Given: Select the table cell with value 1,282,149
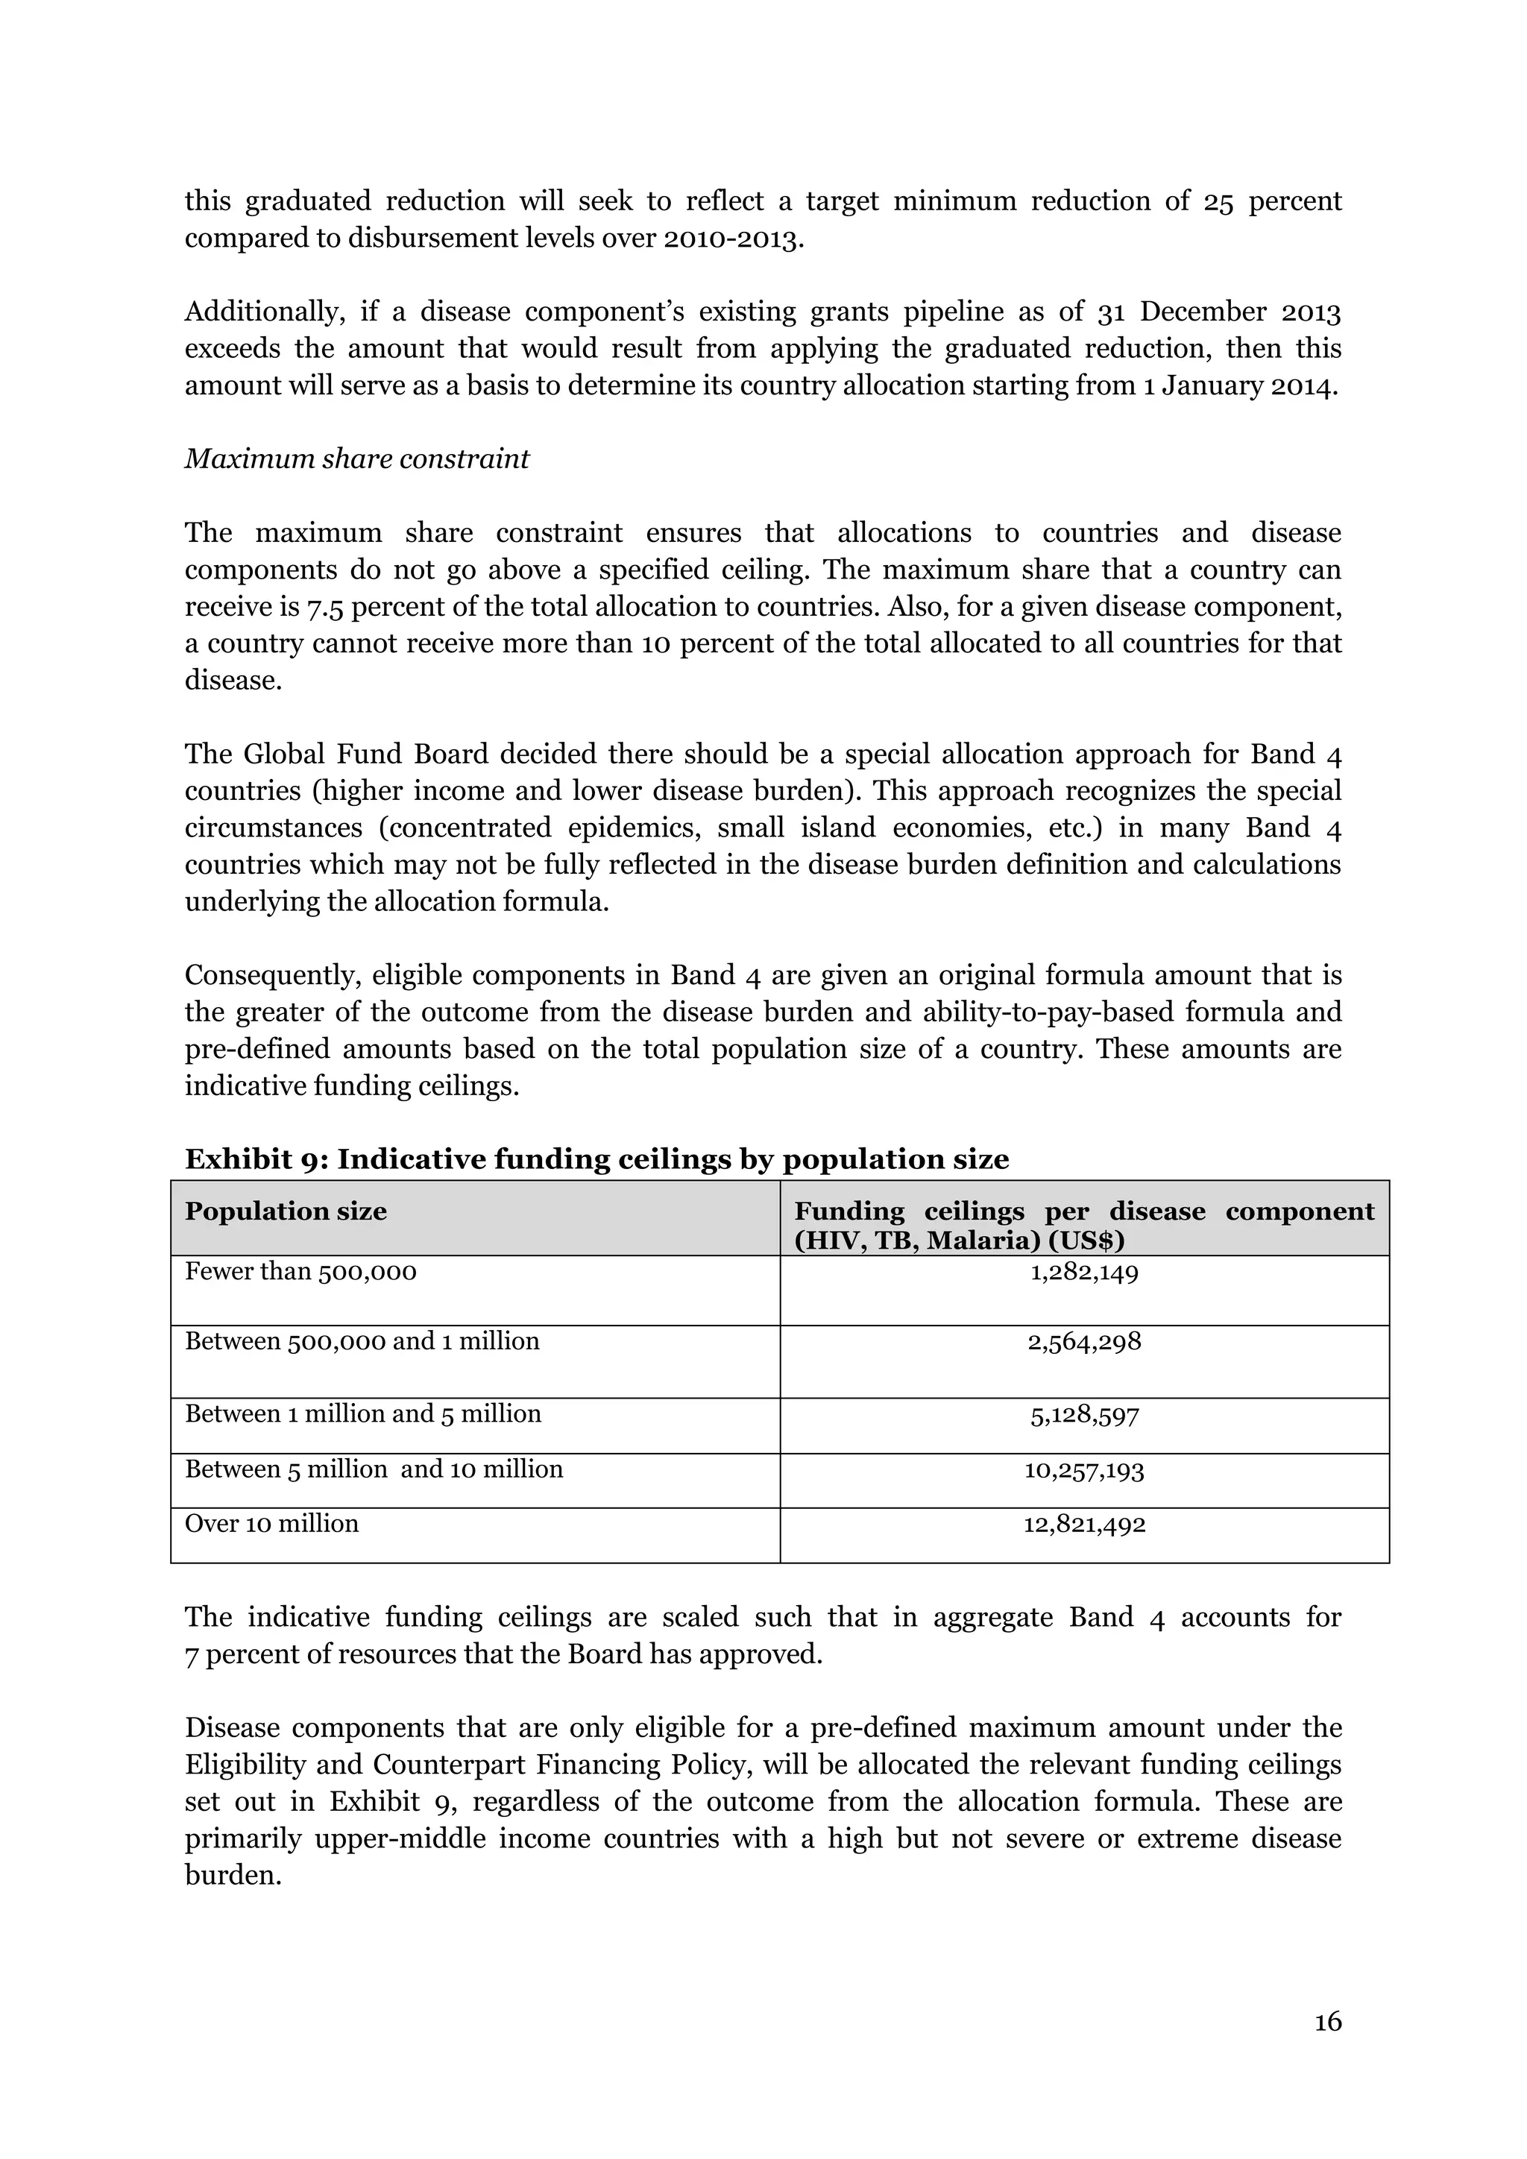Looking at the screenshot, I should point(1084,1273).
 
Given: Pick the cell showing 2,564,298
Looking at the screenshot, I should point(1084,1342).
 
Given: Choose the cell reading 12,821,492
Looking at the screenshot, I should point(1084,1525).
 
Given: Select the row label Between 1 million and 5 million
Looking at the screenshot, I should point(363,1414).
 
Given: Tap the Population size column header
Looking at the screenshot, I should point(286,1211).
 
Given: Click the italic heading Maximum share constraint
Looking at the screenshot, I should point(356,459).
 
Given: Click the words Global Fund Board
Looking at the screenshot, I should point(366,754).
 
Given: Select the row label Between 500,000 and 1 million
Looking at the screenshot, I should point(362,1341).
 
